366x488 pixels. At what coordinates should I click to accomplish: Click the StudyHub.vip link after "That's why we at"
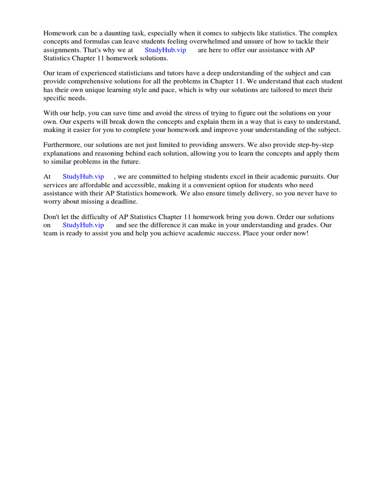[x=165, y=50]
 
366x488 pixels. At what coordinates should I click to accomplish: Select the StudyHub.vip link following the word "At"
[x=83, y=176]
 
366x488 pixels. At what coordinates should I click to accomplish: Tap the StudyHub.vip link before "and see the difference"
[x=83, y=225]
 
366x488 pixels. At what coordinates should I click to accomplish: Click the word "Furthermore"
[x=63, y=145]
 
